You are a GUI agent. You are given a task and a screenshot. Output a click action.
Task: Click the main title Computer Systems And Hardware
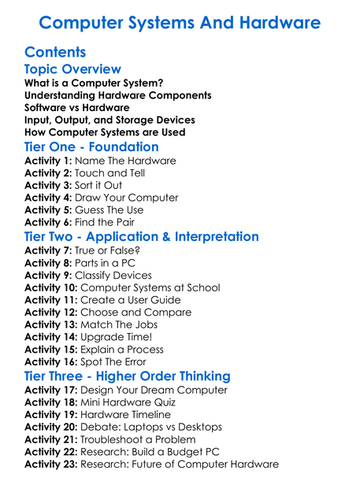pos(180,22)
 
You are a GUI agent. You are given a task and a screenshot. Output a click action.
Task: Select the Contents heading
pos(55,53)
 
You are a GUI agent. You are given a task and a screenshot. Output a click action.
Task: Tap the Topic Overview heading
pos(72,70)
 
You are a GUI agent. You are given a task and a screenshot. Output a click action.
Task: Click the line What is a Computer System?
pos(94,83)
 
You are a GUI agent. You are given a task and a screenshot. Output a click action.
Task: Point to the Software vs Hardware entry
pos(77,108)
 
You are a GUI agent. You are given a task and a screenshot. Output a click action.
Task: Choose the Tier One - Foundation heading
pos(91,147)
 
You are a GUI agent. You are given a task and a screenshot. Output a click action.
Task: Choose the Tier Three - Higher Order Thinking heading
pos(128,376)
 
